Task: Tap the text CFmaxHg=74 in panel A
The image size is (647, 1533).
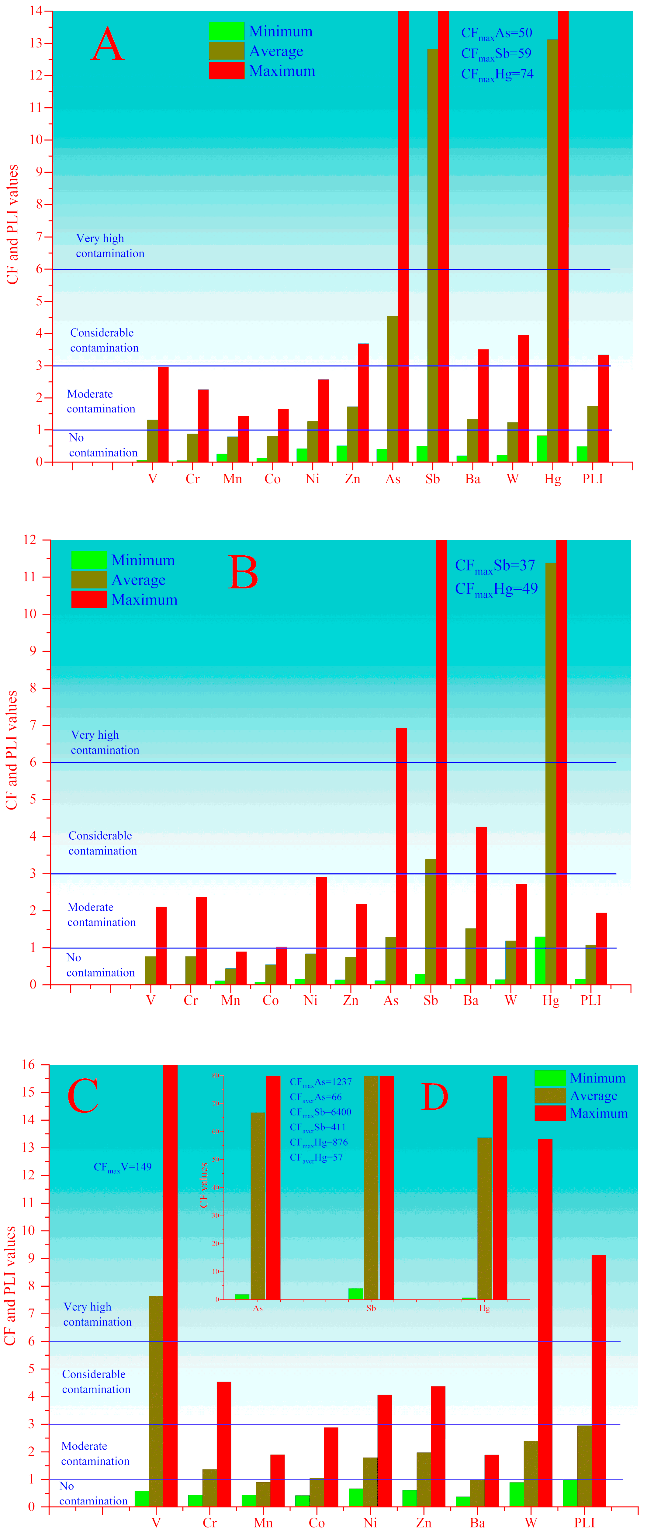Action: (x=497, y=75)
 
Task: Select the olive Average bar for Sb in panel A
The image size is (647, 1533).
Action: (x=432, y=256)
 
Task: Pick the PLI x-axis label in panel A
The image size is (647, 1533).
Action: (x=592, y=479)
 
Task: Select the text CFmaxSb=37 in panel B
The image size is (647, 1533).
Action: (x=495, y=566)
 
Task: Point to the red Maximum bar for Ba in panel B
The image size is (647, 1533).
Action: (x=481, y=905)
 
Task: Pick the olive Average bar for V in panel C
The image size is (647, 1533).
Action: (x=156, y=1402)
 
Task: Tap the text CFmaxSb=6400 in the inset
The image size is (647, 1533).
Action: (x=320, y=1112)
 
